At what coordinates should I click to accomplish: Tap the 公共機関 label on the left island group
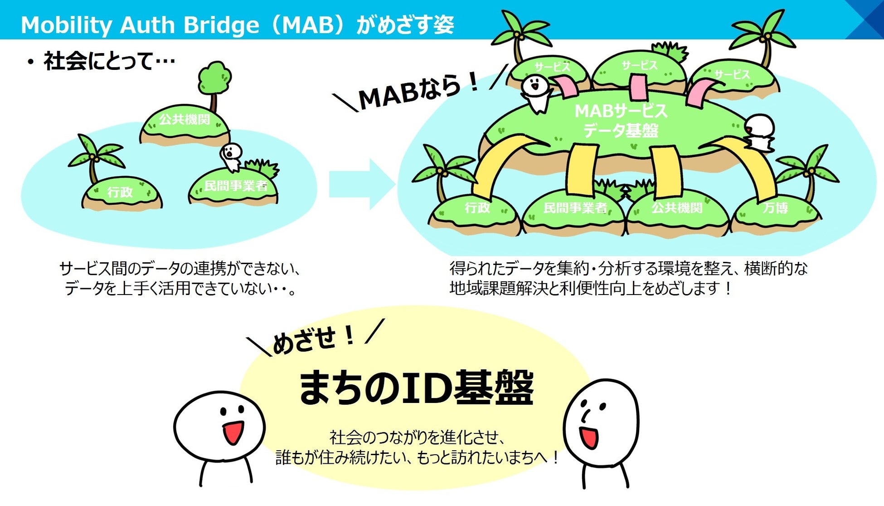click(x=185, y=120)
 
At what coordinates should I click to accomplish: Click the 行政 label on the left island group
click(x=120, y=192)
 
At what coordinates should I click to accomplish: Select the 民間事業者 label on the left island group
click(x=236, y=186)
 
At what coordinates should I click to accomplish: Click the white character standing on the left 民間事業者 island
click(x=232, y=157)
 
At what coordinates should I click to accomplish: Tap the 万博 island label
click(x=775, y=208)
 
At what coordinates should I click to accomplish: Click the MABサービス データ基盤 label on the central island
click(x=621, y=121)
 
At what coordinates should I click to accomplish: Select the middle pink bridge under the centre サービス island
click(x=639, y=87)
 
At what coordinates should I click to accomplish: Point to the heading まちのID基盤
click(x=416, y=388)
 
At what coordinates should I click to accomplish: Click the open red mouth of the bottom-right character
click(x=588, y=437)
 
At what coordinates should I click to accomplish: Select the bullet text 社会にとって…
click(x=109, y=61)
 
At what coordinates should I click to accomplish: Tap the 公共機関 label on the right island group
click(x=677, y=208)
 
